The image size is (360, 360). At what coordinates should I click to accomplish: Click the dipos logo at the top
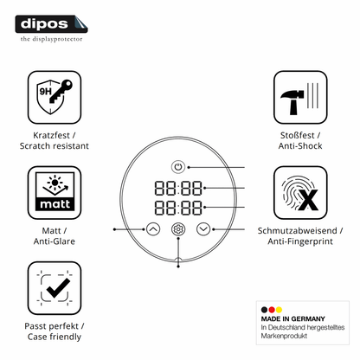pos(51,24)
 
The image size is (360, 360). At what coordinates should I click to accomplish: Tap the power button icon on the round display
pos(178,167)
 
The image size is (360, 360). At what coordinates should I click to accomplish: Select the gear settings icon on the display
pos(178,229)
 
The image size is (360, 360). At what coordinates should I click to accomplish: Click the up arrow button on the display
pos(153,229)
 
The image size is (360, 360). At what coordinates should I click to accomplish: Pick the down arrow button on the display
pos(203,229)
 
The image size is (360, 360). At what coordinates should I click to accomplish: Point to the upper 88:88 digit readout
pos(178,188)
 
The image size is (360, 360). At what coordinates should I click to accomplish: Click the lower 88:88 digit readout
pos(178,208)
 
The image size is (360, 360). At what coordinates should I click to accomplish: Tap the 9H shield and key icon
pos(55,97)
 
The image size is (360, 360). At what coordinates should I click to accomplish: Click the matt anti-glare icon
pos(55,192)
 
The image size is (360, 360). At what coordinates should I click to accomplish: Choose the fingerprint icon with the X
pos(300,192)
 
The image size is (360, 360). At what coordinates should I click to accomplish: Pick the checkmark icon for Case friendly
pos(55,288)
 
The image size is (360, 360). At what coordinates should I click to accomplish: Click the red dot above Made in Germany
pos(272,310)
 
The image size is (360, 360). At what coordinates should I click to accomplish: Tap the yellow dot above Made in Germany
pos(279,310)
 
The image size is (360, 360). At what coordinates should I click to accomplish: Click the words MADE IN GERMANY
pos(292,318)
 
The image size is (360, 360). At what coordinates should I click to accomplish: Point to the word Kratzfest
pos(51,135)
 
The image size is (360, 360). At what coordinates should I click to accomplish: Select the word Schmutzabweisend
pos(297,231)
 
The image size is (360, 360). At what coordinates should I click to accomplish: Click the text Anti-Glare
pos(55,241)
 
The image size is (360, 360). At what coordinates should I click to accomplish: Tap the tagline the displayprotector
pos(51,39)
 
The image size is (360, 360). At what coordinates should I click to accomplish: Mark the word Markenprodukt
pos(284,336)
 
